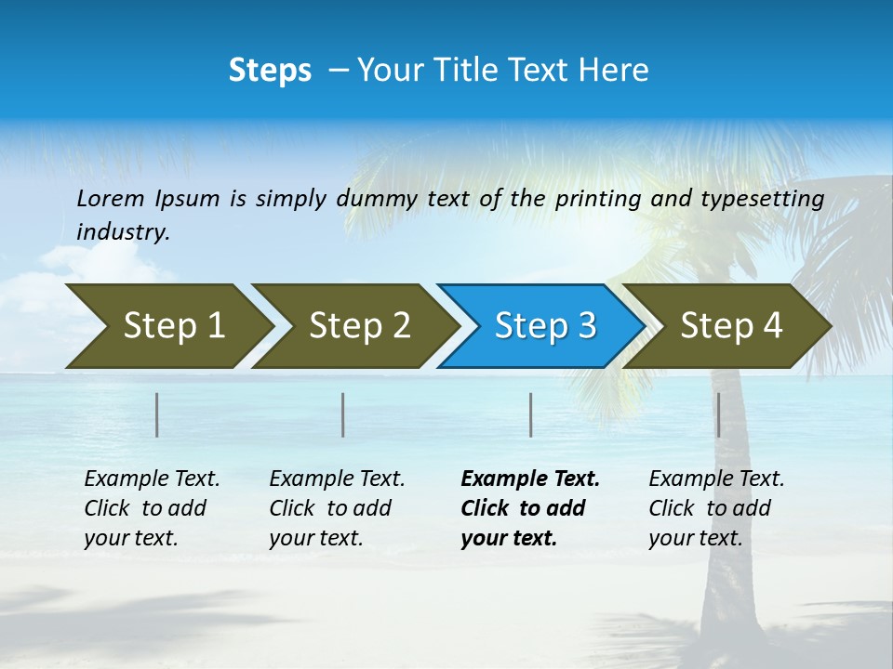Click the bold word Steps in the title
[270, 71]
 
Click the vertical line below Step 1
[157, 414]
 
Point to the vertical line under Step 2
[343, 414]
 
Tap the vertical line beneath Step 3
[530, 414]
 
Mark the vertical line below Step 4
[718, 414]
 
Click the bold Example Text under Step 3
[530, 479]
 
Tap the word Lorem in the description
[111, 199]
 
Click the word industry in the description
[122, 232]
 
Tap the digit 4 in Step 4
[772, 326]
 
